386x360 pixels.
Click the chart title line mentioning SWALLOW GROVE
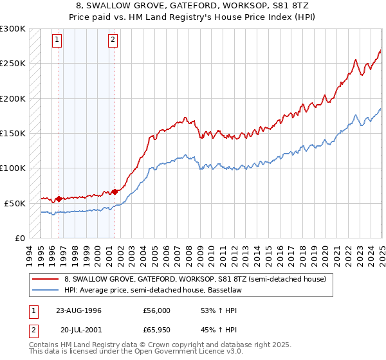(194, 5)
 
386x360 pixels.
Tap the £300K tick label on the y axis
(12, 29)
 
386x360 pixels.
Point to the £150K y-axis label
(12, 133)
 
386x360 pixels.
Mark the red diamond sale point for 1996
(59, 199)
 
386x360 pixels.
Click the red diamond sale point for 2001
(115, 192)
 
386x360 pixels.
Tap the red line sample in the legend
(45, 279)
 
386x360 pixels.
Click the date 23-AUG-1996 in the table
(78, 310)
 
